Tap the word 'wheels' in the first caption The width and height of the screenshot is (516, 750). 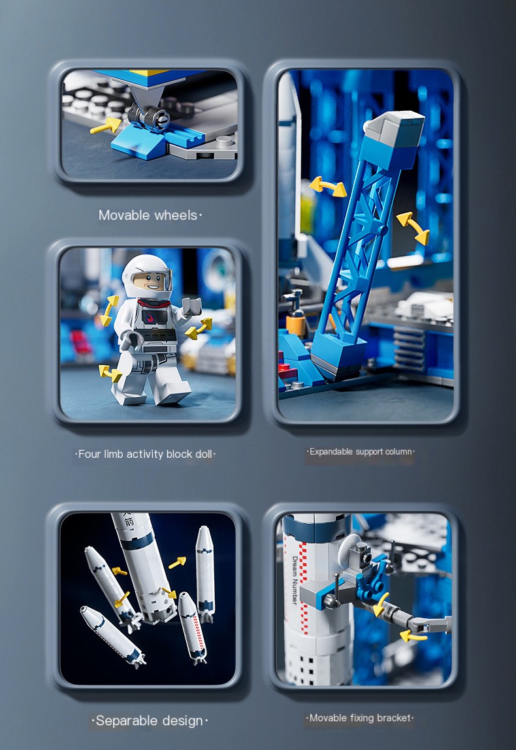coord(174,215)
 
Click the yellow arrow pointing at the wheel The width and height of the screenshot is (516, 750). coord(105,125)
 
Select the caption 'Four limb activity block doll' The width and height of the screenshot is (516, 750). coord(145,454)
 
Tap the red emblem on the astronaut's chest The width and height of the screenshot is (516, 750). coord(149,319)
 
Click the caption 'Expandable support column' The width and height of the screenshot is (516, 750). coord(361,451)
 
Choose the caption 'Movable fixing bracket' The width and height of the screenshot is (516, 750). coord(361,718)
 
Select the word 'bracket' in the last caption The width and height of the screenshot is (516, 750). coord(395,718)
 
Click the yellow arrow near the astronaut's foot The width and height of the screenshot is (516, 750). coord(110,373)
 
